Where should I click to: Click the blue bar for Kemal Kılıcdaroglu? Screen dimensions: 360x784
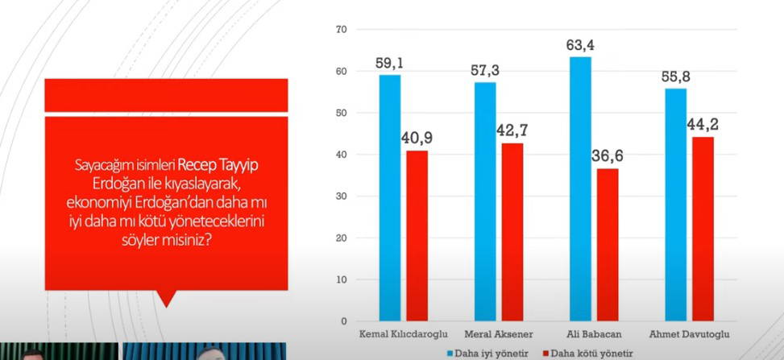[390, 198]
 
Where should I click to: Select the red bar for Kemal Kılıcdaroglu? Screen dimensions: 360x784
[417, 236]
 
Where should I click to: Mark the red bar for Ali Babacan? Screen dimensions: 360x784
[607, 245]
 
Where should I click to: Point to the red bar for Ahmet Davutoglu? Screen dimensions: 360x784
[703, 229]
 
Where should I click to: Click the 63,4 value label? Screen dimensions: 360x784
[580, 45]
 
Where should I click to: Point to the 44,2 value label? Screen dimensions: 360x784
[703, 124]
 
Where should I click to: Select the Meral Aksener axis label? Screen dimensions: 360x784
[498, 332]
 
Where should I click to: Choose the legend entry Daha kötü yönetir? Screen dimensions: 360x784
[587, 353]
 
